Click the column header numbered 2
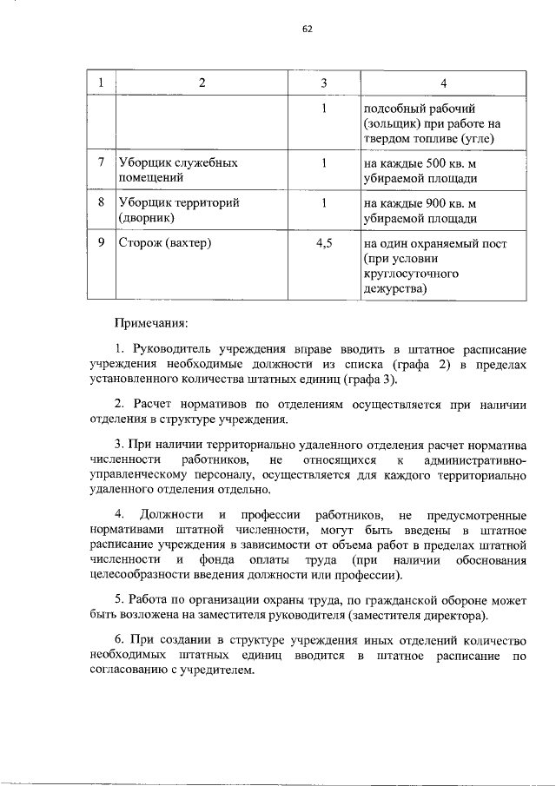(x=202, y=83)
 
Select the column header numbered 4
(x=444, y=83)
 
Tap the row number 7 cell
(x=102, y=162)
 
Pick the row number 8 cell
(x=102, y=202)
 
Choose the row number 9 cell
(x=102, y=243)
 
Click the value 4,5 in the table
(x=323, y=243)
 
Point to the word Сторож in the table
(x=139, y=243)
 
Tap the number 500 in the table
(x=438, y=162)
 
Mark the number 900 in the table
(x=438, y=202)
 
